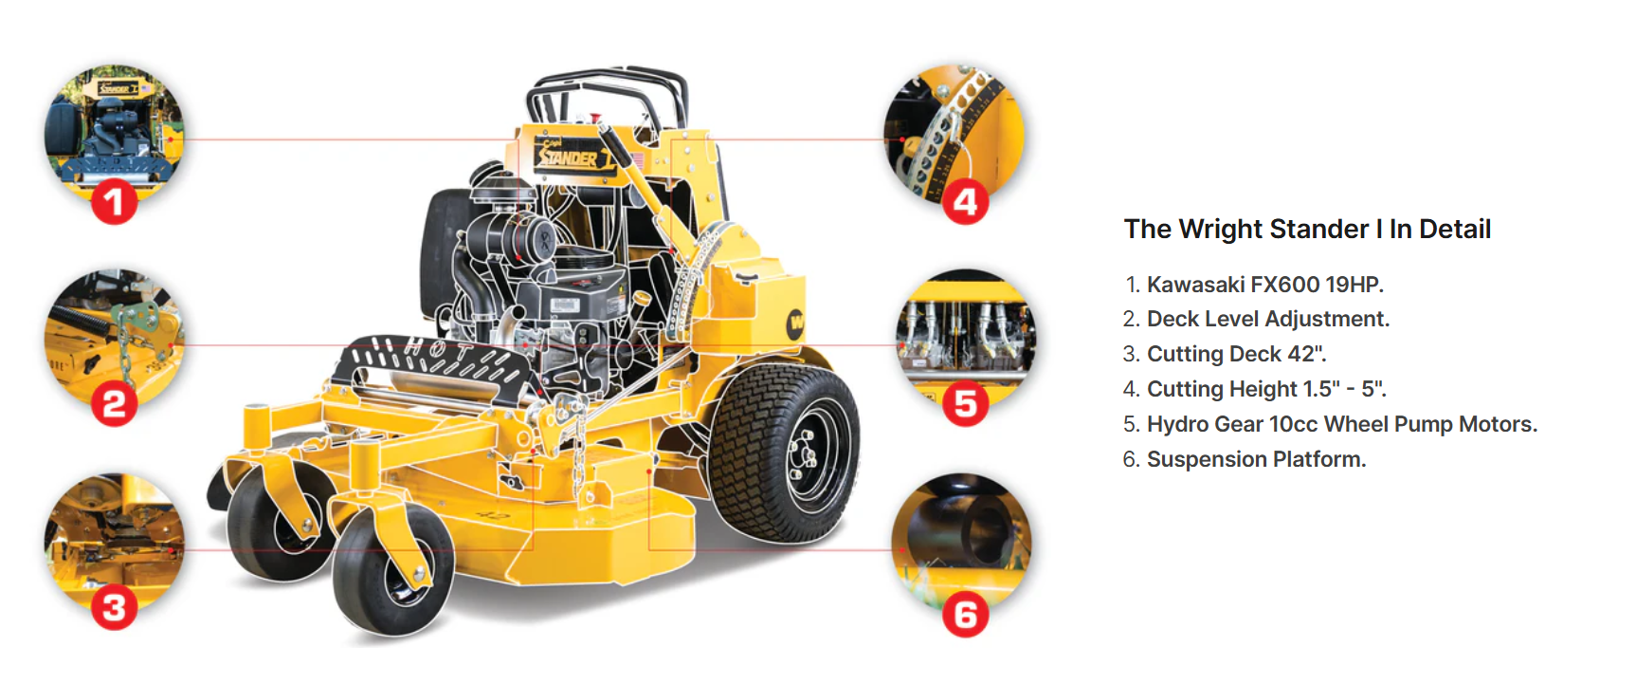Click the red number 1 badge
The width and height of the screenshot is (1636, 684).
[114, 202]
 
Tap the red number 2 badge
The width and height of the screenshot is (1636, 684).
[114, 404]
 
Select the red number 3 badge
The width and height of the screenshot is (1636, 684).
[114, 608]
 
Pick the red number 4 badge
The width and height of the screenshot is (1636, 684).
[965, 202]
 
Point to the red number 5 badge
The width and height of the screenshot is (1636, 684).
[965, 404]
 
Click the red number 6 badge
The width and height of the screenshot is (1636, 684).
[965, 615]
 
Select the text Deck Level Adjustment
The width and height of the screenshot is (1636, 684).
[1268, 319]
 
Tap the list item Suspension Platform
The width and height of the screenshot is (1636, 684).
[1257, 459]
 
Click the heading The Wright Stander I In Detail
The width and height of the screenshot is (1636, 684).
[1307, 229]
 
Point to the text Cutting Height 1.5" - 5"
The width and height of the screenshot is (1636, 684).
[1266, 389]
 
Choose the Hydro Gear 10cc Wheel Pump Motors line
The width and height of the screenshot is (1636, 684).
[1342, 424]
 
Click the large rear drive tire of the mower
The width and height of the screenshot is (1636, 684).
[786, 453]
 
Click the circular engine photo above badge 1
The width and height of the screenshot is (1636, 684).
[114, 128]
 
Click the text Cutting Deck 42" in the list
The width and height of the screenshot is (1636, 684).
[1237, 354]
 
